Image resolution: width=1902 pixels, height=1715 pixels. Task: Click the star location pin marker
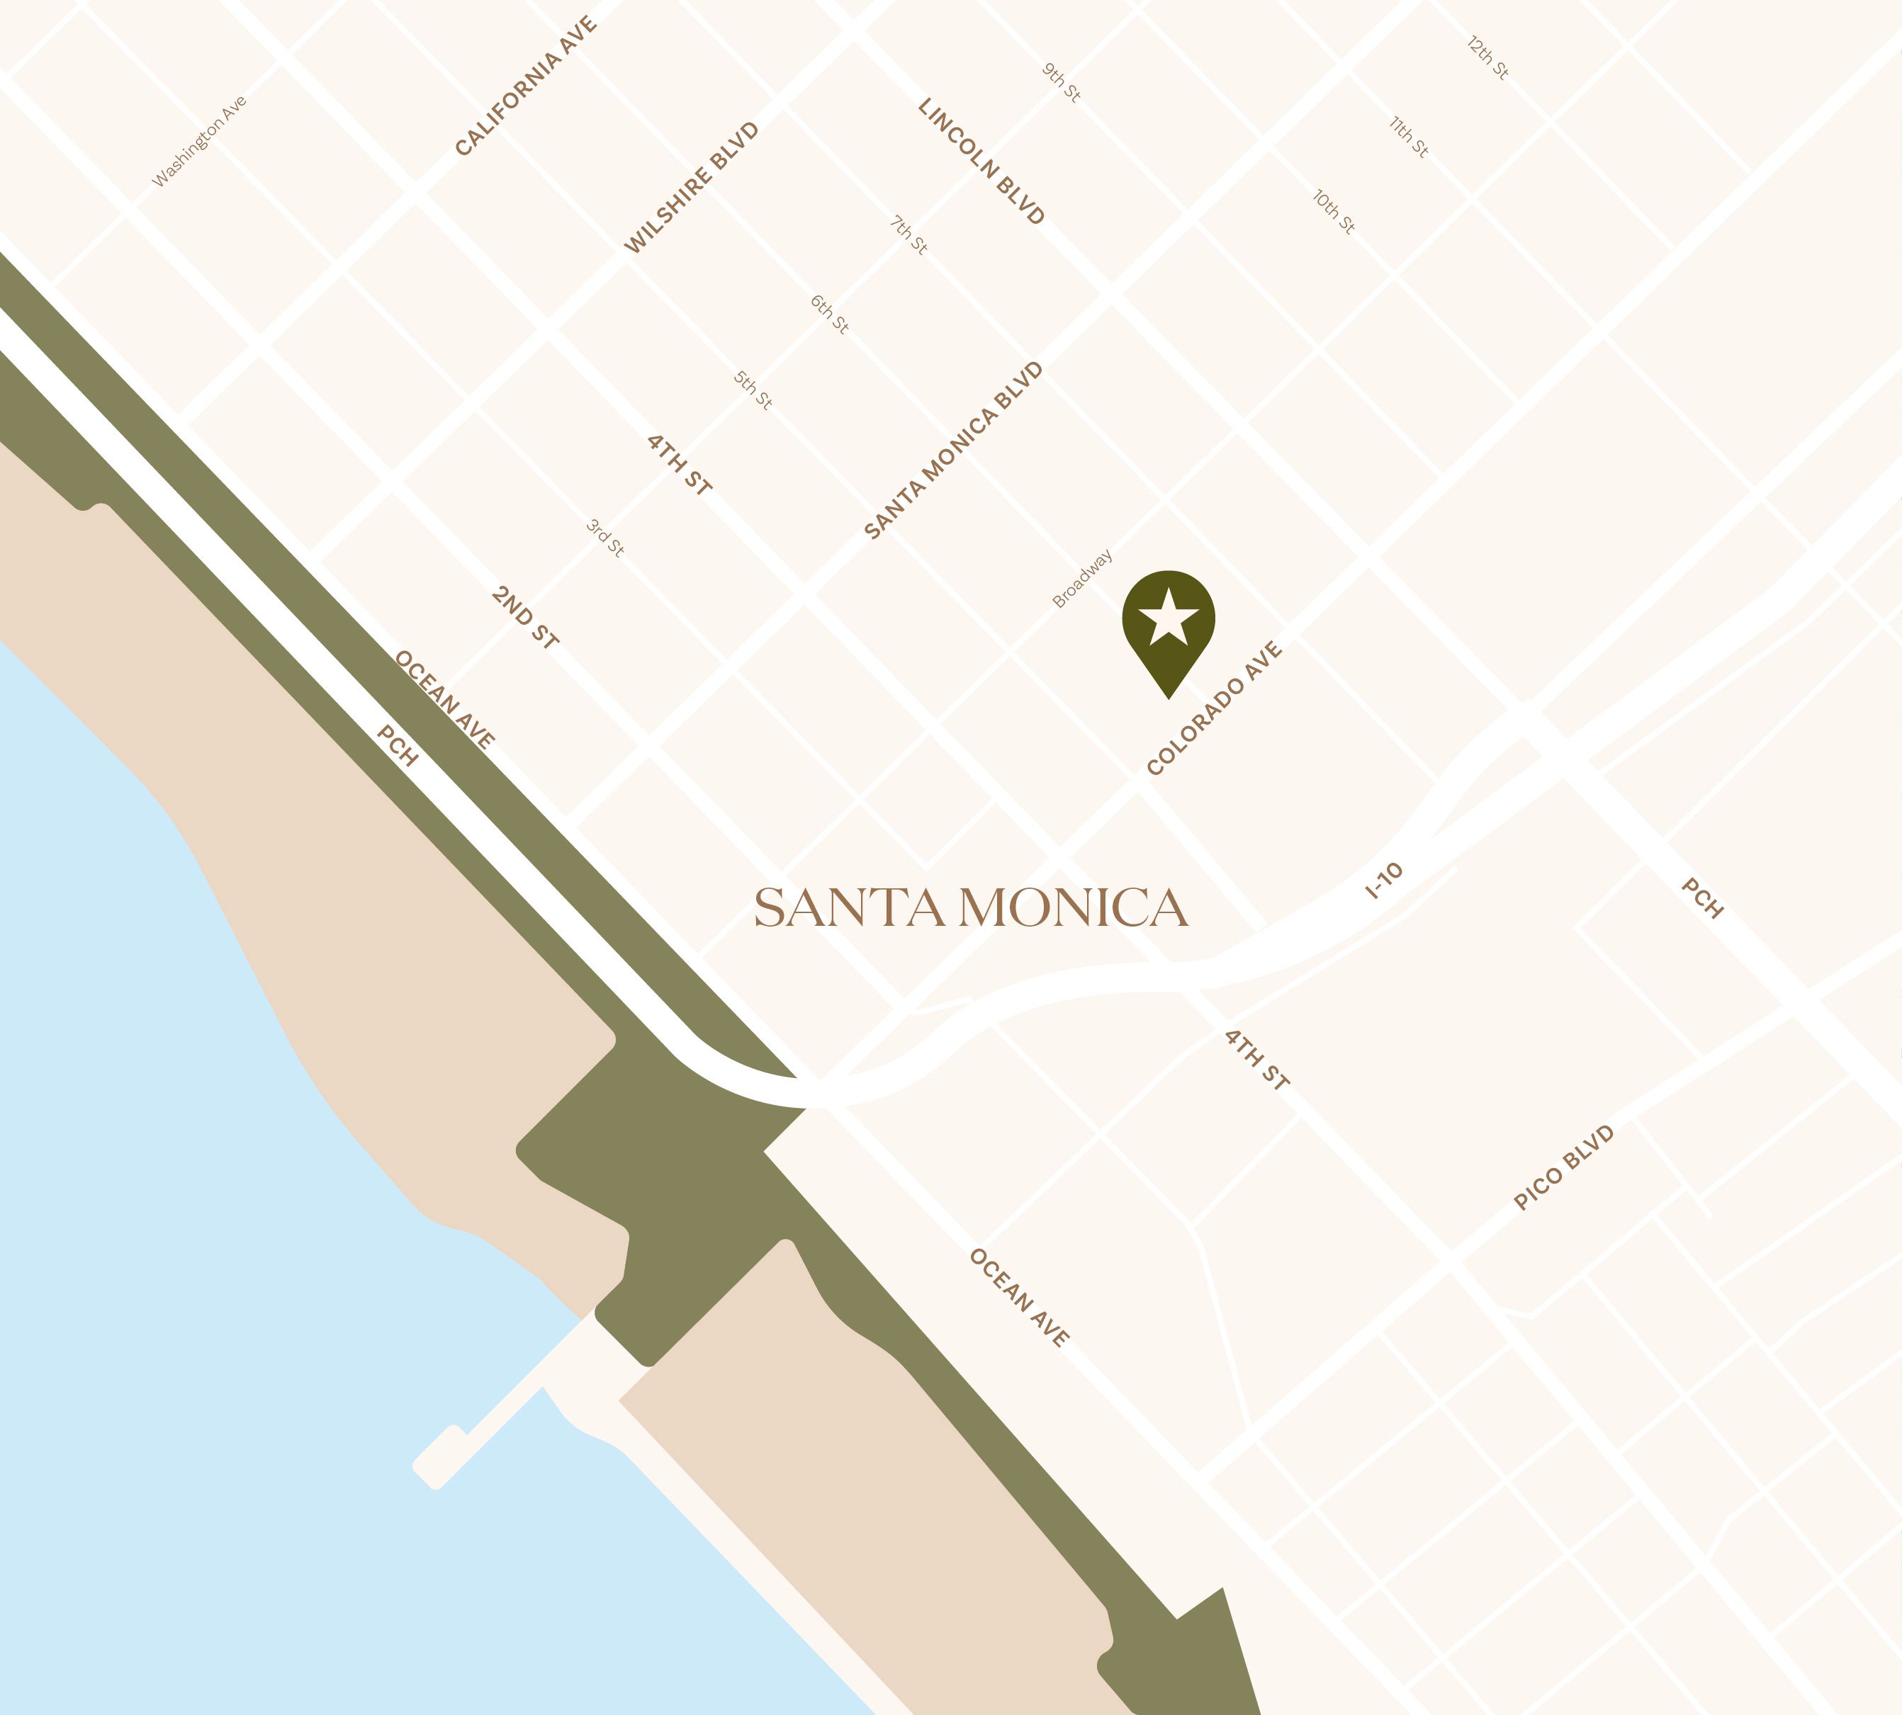(x=1168, y=625)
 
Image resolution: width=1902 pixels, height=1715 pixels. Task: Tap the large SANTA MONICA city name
(x=971, y=908)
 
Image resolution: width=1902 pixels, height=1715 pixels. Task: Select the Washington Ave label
(x=200, y=142)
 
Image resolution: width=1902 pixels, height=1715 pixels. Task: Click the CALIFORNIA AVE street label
(x=526, y=86)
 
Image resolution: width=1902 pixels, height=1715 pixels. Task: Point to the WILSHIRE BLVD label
(x=692, y=188)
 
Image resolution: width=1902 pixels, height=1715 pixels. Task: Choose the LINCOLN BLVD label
(x=981, y=161)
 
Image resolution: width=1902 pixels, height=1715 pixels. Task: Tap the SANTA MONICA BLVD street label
(x=954, y=451)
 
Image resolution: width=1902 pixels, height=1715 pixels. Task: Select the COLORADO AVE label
(x=1214, y=708)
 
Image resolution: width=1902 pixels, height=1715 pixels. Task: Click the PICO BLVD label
(x=1564, y=1167)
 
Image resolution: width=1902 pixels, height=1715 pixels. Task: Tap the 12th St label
(x=1488, y=58)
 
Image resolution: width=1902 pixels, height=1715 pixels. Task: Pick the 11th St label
(x=1409, y=137)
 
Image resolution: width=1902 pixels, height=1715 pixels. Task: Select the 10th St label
(x=1334, y=212)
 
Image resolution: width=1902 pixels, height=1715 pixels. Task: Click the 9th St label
(x=1062, y=83)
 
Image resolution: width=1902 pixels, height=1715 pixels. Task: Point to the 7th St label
(x=909, y=234)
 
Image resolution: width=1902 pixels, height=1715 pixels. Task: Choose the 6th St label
(x=829, y=314)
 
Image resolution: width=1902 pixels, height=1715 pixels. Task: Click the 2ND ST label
(x=525, y=617)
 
